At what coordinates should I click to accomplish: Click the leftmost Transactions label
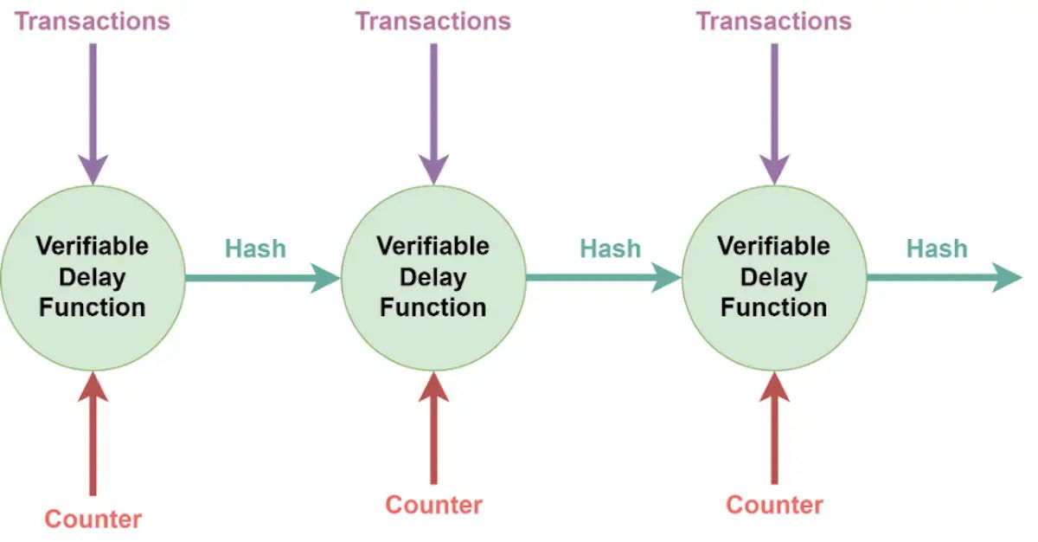tap(93, 22)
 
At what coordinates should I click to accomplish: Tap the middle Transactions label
tap(433, 22)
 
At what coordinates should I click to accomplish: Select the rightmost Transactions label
tap(774, 22)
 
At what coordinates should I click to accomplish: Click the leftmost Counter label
tap(93, 519)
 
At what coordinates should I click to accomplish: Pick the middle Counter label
tap(433, 505)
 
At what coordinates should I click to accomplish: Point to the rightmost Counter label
tap(774, 505)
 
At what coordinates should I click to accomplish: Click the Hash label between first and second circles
tap(255, 248)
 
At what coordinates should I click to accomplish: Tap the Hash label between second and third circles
tap(611, 248)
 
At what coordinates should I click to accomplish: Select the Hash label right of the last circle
tap(937, 248)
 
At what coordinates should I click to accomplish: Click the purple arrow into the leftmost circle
tap(93, 114)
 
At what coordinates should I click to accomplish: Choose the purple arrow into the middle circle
tap(433, 114)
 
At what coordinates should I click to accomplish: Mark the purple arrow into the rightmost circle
tap(774, 114)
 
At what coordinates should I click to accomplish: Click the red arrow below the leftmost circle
tap(93, 434)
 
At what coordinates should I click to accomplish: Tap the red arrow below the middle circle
tap(433, 428)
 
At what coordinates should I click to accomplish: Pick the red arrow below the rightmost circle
tap(774, 428)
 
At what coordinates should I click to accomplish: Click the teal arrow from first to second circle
tap(263, 278)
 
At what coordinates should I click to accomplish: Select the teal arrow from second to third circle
tap(604, 278)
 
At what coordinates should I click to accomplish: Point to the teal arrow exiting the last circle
tap(945, 278)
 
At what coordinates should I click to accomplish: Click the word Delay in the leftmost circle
tap(93, 277)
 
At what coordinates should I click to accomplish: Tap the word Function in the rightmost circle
tap(774, 307)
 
